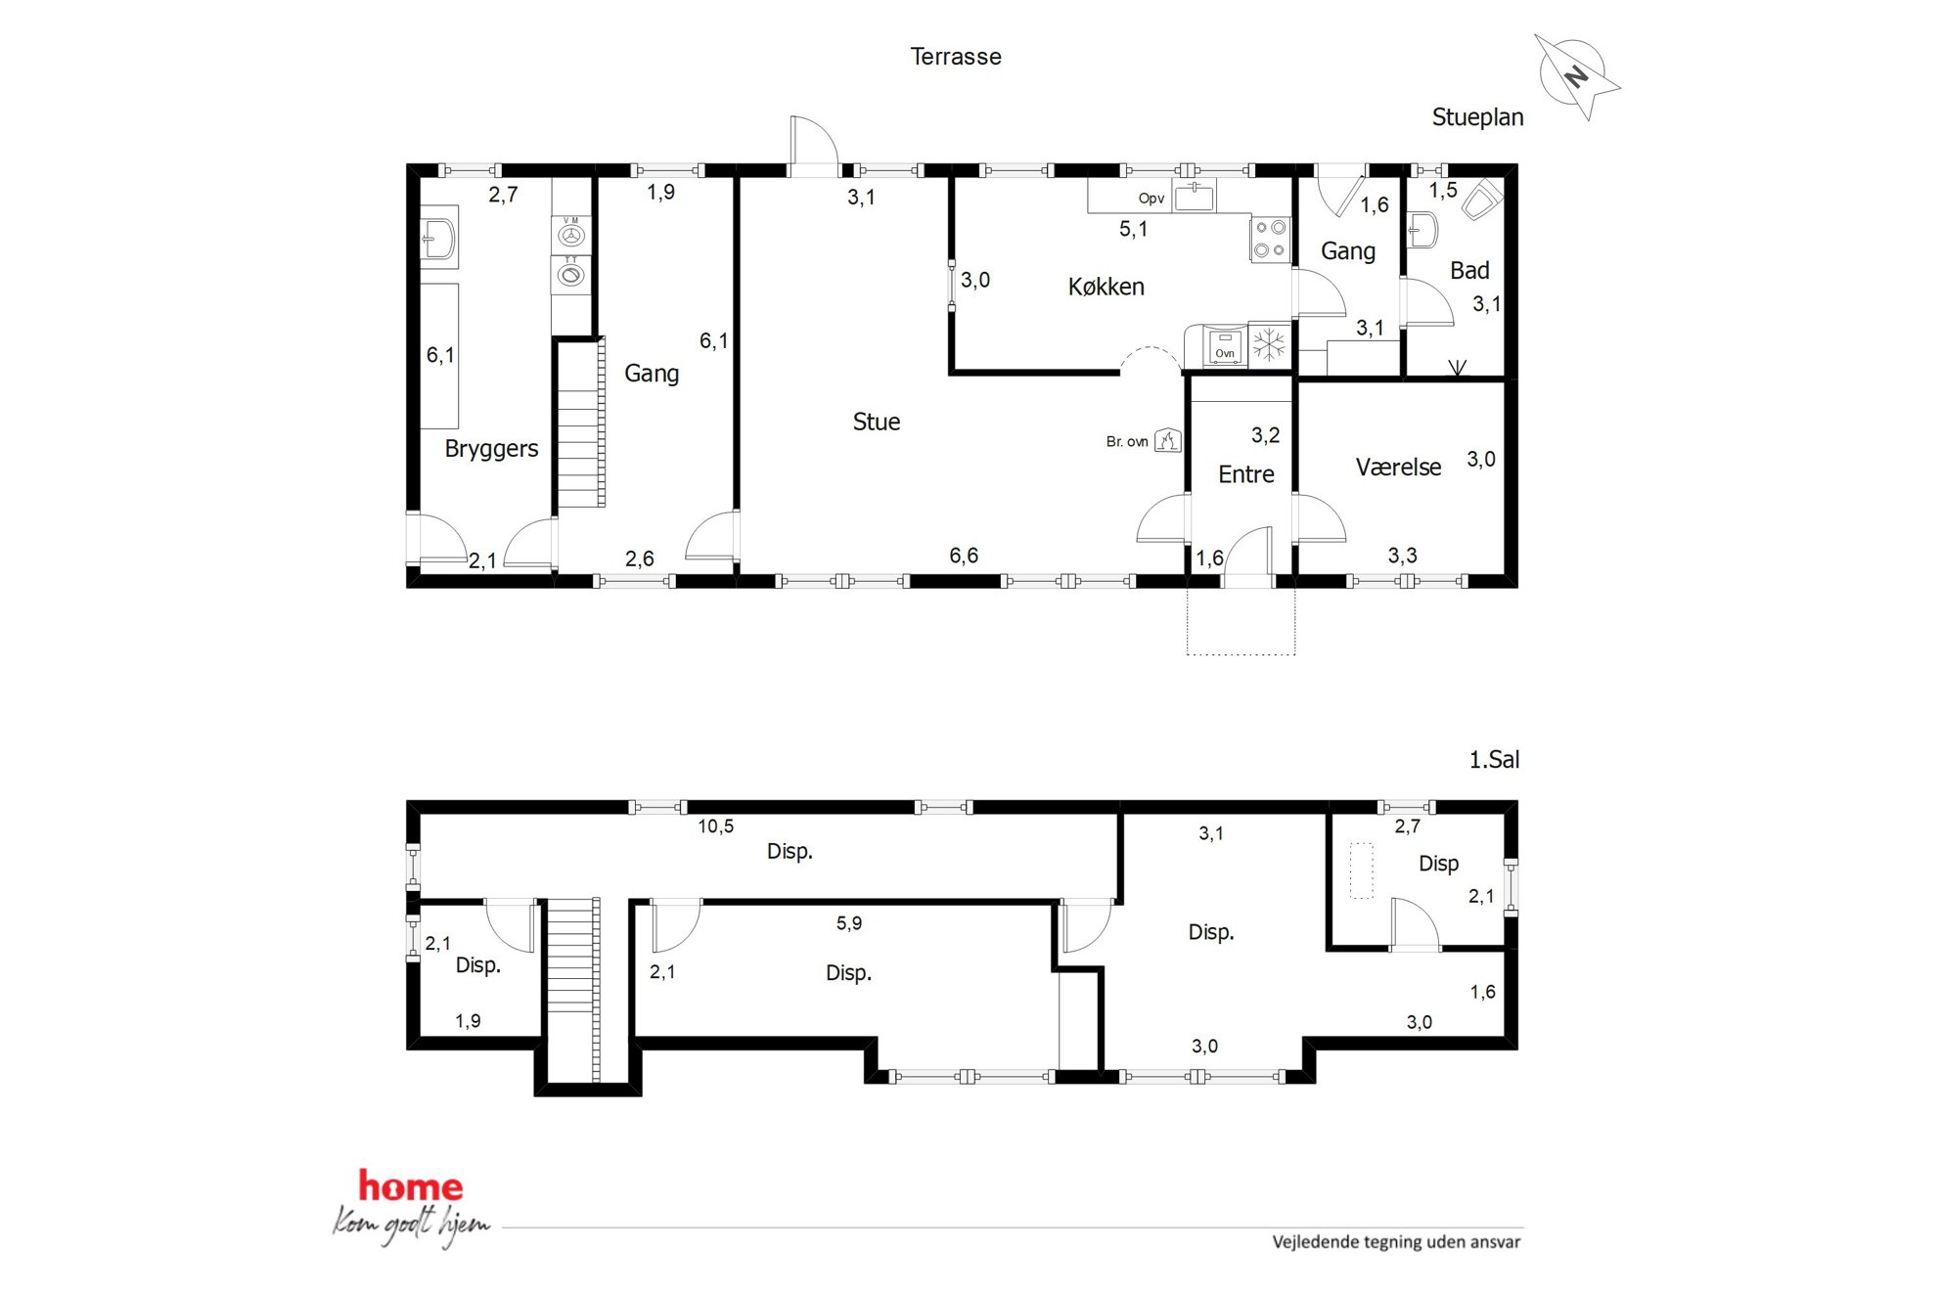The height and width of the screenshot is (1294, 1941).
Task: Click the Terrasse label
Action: coord(956,57)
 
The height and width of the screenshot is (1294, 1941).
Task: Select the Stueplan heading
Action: coord(1477,118)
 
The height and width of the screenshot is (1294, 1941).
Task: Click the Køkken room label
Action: coord(1106,287)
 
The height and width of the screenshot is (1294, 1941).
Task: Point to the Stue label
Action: coord(876,422)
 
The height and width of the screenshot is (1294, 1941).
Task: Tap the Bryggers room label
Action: coord(491,449)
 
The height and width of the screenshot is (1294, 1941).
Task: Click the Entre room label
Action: coord(1245,474)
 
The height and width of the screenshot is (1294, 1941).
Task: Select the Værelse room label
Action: coord(1398,468)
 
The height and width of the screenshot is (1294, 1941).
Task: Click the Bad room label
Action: coord(1469,271)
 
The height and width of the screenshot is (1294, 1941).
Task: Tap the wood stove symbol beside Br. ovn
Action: coord(1167,440)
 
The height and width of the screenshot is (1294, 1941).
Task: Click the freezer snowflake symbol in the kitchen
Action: coord(1269,344)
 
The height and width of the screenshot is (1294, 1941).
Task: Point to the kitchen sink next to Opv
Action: coord(1194,197)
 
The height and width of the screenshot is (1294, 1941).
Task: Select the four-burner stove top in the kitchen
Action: coord(1270,239)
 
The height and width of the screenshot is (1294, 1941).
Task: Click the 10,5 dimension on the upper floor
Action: coord(715,826)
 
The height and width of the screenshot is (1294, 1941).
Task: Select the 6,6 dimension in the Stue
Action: coord(964,556)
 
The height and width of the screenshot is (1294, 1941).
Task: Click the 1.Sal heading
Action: coord(1494,760)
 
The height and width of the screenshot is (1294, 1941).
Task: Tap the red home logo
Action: coord(410,1186)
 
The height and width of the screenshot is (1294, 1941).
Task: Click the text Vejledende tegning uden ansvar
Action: coord(1396,1242)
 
